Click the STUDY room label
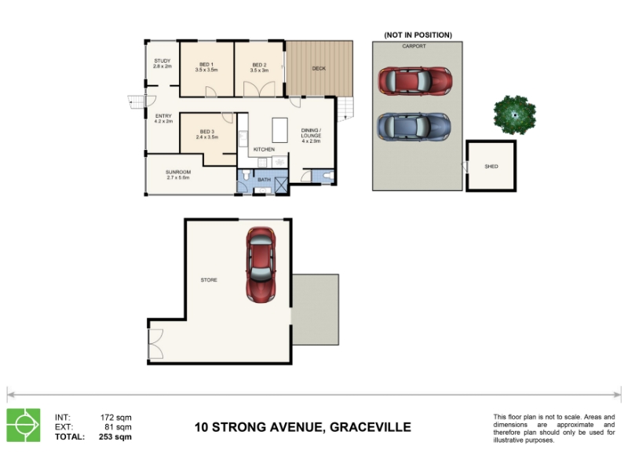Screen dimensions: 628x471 click(x=162, y=61)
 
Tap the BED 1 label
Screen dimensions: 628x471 click(x=206, y=64)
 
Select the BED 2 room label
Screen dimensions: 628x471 click(x=259, y=65)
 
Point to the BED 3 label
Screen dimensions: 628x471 click(x=206, y=131)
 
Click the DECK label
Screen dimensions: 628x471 click(x=319, y=68)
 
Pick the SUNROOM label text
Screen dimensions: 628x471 click(x=178, y=172)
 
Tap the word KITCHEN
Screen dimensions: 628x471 click(x=264, y=149)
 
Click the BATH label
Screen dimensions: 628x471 click(x=264, y=180)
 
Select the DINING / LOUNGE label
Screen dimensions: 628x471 click(x=311, y=133)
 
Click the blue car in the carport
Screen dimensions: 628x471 click(x=414, y=127)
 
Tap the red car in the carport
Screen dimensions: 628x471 click(x=415, y=82)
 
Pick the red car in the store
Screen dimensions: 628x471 click(x=261, y=265)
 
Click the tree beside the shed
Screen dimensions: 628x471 click(x=515, y=115)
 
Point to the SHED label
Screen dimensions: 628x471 click(x=491, y=166)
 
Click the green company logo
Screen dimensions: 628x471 click(x=24, y=425)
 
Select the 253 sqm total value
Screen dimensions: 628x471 click(x=115, y=437)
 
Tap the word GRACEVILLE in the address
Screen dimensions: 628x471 click(x=370, y=427)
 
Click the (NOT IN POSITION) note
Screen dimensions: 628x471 click(x=418, y=35)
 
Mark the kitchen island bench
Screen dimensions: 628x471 click(x=280, y=130)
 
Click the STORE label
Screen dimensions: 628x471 click(x=209, y=280)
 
